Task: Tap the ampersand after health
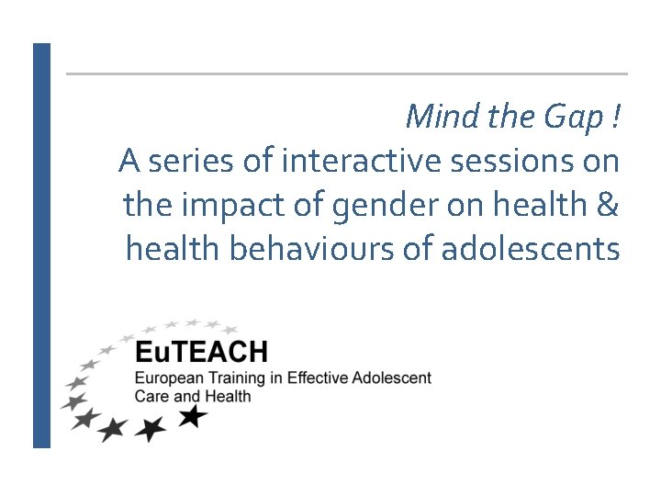pyautogui.click(x=607, y=205)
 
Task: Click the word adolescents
pyautogui.click(x=531, y=249)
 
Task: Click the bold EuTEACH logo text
pyautogui.click(x=201, y=352)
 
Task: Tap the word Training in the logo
pyautogui.click(x=234, y=379)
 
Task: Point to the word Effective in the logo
pyautogui.click(x=315, y=378)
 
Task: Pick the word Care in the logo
pyautogui.click(x=150, y=397)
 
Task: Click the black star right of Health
pyautogui.click(x=193, y=417)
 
